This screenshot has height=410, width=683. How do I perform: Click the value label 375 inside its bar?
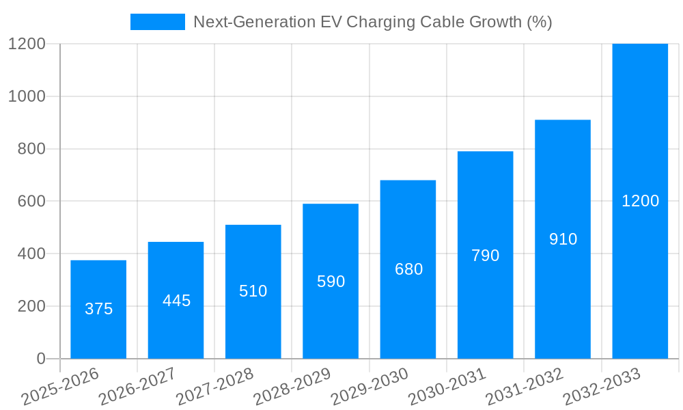click(x=98, y=309)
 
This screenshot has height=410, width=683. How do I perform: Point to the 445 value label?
click(x=176, y=301)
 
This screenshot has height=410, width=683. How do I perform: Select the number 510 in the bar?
click(x=253, y=291)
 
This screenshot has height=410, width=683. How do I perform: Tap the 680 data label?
click(x=408, y=269)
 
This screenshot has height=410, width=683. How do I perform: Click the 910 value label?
click(x=563, y=239)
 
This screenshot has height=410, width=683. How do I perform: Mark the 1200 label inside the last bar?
click(x=640, y=201)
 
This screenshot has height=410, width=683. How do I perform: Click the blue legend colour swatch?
click(x=158, y=22)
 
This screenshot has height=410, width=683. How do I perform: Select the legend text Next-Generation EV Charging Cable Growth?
click(x=372, y=22)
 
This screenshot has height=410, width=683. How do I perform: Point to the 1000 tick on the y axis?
click(x=27, y=96)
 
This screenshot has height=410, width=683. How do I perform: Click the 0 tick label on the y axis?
click(x=40, y=359)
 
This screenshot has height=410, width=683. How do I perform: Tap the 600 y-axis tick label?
click(x=31, y=202)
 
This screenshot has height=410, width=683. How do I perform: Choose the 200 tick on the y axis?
click(x=31, y=306)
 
